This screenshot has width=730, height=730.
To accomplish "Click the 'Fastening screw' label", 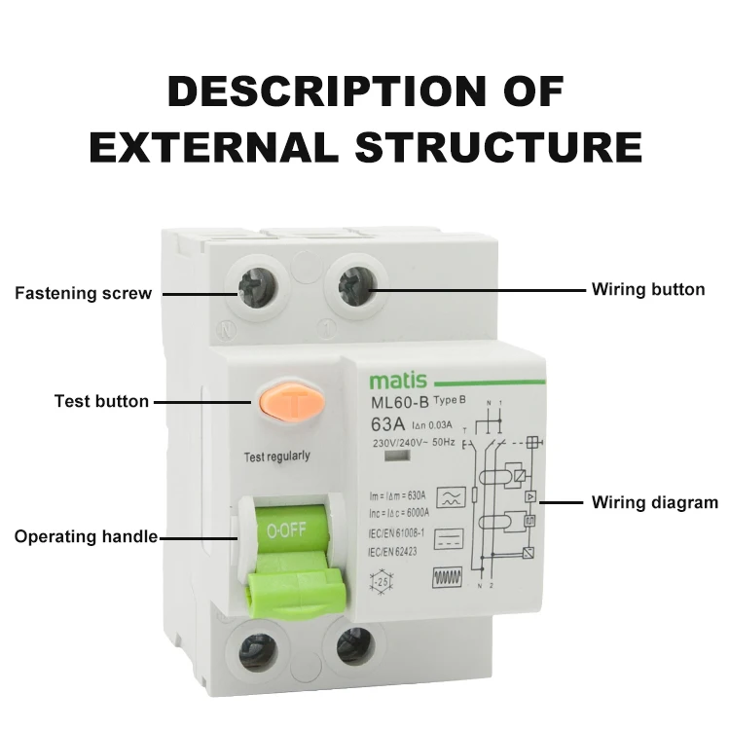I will [83, 293].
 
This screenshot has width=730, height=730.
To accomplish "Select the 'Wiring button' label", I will [648, 289].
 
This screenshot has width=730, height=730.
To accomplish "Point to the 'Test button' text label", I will [101, 401].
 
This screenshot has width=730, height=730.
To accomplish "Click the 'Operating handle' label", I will [86, 536].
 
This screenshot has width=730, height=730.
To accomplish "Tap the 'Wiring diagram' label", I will [655, 503].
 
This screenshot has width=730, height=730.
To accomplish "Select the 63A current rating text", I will [388, 424].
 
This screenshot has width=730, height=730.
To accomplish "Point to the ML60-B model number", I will [399, 404].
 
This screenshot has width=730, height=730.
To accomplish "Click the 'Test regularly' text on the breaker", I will [276, 456].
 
